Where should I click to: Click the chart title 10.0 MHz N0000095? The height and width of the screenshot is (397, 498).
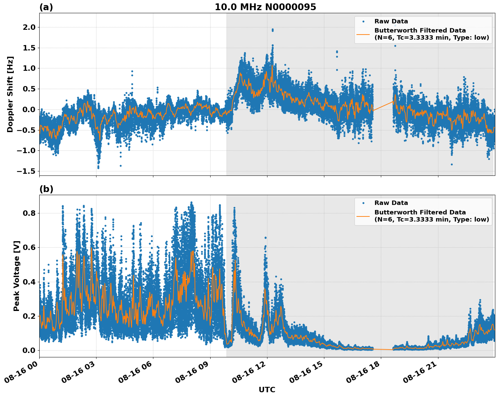point(265,7)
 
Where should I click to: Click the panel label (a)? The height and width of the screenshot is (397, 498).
point(46,7)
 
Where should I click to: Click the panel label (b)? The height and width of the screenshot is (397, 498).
point(46,189)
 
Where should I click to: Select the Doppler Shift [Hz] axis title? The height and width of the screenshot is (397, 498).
point(10,94)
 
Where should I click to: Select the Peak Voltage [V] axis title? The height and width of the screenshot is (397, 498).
point(17,276)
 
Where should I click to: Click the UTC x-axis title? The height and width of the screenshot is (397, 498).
point(267,390)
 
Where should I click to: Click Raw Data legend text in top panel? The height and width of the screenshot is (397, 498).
point(391,21)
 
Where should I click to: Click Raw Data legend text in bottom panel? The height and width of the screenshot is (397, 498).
point(391,203)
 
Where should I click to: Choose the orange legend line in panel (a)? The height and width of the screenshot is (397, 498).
point(363,34)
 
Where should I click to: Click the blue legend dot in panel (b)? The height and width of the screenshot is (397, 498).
point(363,203)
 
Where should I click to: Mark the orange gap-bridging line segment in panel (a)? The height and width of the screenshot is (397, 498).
point(383,106)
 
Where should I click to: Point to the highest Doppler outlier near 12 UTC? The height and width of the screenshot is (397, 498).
point(273,30)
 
